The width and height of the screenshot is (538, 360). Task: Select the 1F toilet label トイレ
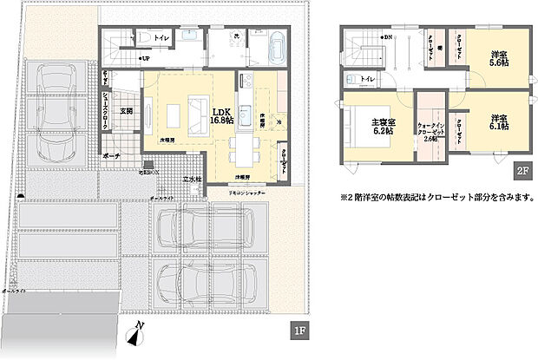(161, 39)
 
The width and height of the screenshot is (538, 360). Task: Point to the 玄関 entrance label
(126, 111)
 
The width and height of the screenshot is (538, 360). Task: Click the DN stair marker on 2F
(387, 38)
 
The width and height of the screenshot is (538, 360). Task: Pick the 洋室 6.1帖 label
(497, 122)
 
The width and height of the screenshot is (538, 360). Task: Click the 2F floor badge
(523, 171)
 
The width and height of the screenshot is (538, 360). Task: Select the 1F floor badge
(298, 330)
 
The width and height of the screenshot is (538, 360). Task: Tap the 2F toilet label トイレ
(368, 80)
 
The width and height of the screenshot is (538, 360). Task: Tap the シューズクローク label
(106, 112)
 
